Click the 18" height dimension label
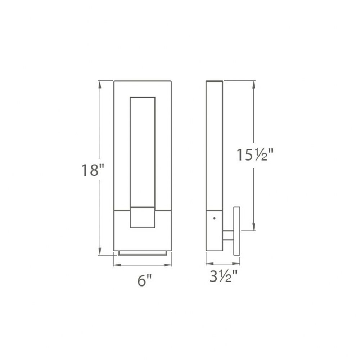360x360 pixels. tap(93, 170)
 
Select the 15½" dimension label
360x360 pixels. tap(255, 154)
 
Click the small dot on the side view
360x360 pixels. tap(215, 219)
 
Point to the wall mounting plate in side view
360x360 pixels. tap(237, 231)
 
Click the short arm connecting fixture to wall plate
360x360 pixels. tap(228, 235)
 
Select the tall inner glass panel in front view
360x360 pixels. tap(143, 152)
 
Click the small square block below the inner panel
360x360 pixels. tap(143, 217)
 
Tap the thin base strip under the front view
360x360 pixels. tap(143, 253)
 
